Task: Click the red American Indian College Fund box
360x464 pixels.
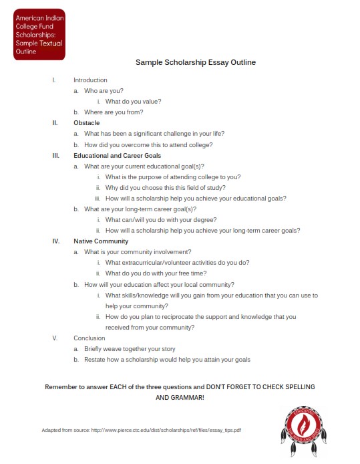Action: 39,33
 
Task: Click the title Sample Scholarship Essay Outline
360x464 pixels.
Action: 195,62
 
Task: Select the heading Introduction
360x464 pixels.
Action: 90,80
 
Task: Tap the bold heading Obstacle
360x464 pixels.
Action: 87,123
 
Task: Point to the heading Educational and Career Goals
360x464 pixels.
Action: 117,155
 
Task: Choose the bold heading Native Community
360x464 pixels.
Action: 101,241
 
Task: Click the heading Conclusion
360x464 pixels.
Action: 89,338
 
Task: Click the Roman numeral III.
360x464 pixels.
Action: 55,155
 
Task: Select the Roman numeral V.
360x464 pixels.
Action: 55,338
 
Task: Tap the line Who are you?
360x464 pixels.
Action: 104,90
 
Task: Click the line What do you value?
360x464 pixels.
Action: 133,102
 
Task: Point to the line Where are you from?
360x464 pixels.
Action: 114,112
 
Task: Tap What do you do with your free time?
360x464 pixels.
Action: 156,273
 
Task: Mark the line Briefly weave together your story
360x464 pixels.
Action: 130,349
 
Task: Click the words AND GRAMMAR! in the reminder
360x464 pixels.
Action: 180,398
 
